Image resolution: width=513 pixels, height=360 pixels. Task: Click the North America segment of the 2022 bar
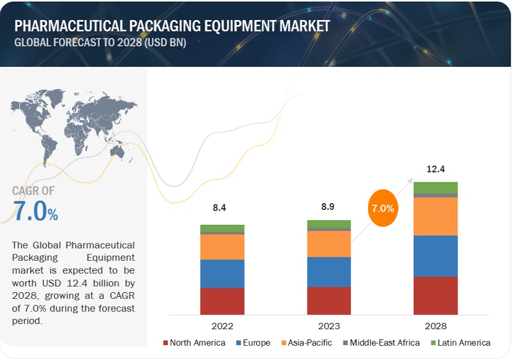[x=222, y=301]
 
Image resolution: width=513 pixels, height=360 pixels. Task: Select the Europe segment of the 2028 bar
[x=435, y=256]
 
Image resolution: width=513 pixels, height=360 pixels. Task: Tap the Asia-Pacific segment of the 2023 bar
[x=329, y=244]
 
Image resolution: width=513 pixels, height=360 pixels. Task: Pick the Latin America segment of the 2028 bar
[x=435, y=188]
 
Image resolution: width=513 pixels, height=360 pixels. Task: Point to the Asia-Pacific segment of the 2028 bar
[x=435, y=216]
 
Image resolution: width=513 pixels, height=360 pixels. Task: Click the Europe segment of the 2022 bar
[x=222, y=273]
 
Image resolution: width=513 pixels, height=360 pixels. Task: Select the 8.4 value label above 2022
[x=220, y=208]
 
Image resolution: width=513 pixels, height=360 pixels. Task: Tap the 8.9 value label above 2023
[x=327, y=205]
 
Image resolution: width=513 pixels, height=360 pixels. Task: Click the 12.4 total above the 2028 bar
[x=435, y=169]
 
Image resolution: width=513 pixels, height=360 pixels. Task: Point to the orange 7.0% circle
[x=382, y=208]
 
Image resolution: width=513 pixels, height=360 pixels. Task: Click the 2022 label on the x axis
[x=222, y=326]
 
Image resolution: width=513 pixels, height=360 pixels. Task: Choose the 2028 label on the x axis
[x=435, y=326]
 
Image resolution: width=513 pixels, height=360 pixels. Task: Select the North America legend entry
[x=194, y=343]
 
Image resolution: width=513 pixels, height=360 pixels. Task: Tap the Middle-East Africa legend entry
[x=380, y=343]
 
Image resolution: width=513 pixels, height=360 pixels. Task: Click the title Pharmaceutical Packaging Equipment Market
[x=172, y=26]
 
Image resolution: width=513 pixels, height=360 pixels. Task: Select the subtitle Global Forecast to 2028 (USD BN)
[x=100, y=43]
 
